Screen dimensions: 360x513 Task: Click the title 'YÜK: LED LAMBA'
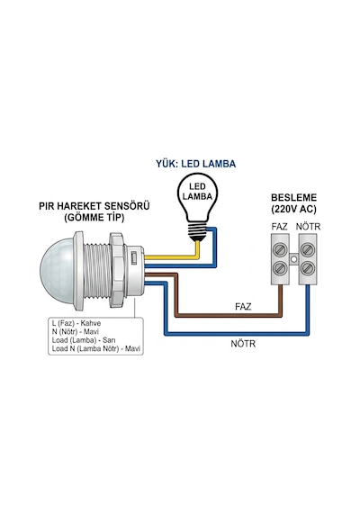(195, 164)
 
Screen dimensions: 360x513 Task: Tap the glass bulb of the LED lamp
(197, 198)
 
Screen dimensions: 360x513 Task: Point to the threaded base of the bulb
(197, 230)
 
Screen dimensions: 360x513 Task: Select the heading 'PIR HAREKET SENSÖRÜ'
(94, 206)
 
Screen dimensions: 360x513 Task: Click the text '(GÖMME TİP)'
(94, 218)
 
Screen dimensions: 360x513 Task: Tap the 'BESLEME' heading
(294, 198)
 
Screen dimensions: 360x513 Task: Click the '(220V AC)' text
(294, 209)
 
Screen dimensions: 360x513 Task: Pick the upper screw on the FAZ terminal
(281, 250)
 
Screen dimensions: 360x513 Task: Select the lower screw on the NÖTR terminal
(307, 268)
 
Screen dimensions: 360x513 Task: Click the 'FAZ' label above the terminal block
(280, 227)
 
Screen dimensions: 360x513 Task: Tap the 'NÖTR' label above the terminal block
(308, 227)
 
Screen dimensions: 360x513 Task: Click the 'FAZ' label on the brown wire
(243, 307)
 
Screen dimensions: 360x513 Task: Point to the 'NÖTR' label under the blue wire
(243, 344)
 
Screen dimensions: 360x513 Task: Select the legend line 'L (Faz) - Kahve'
(76, 323)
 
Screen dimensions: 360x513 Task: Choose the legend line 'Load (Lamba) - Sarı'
(84, 340)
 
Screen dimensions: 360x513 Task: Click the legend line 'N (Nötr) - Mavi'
(76, 332)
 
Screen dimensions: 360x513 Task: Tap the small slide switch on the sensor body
(134, 257)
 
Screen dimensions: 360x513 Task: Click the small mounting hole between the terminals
(294, 259)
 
